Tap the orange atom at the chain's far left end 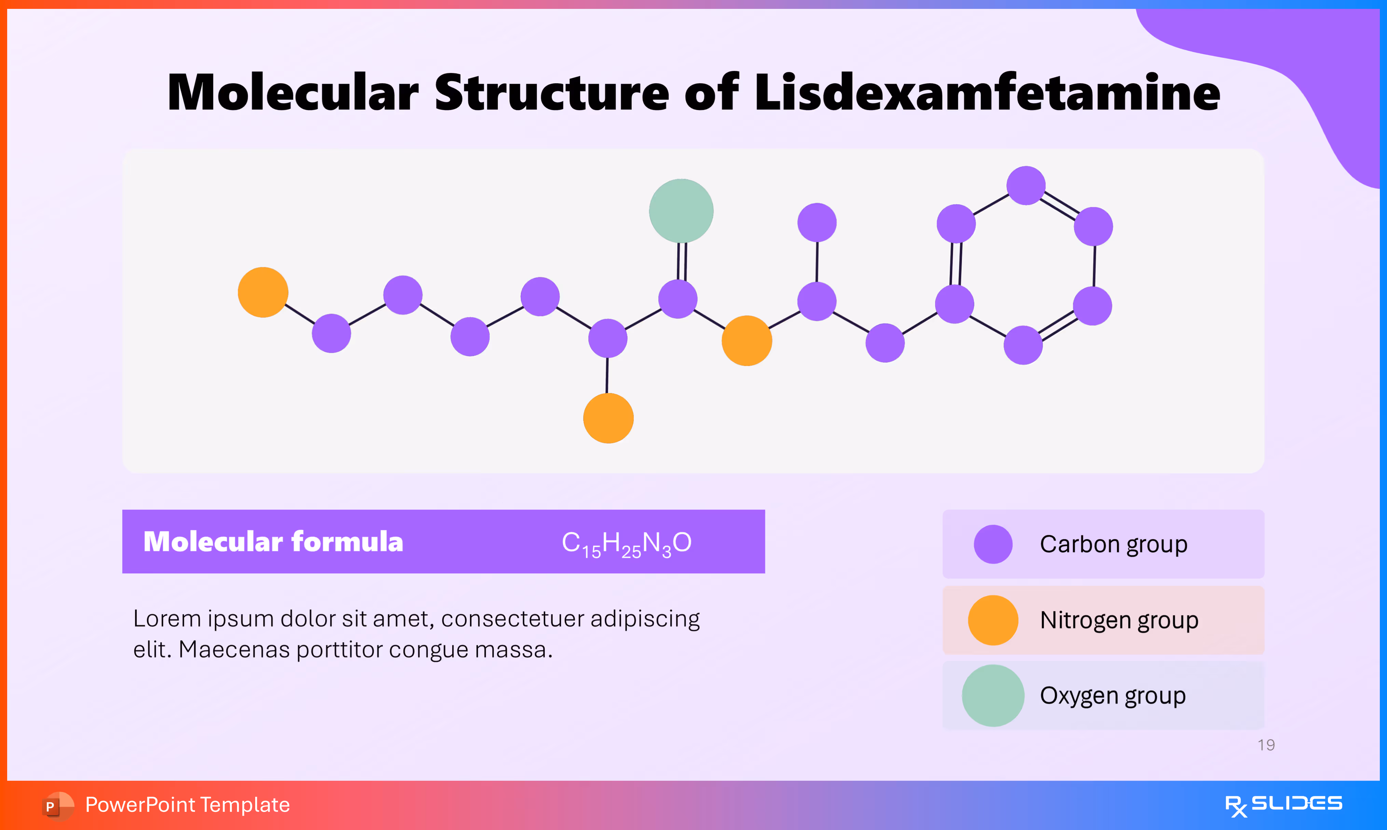263,292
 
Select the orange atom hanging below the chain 608,418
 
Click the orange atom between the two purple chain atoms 747,341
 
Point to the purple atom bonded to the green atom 678,299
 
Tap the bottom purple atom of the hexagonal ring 1023,345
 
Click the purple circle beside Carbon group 993,544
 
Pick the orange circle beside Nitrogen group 993,620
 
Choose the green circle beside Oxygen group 993,695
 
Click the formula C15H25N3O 627,542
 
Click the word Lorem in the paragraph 167,619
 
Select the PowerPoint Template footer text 187,804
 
